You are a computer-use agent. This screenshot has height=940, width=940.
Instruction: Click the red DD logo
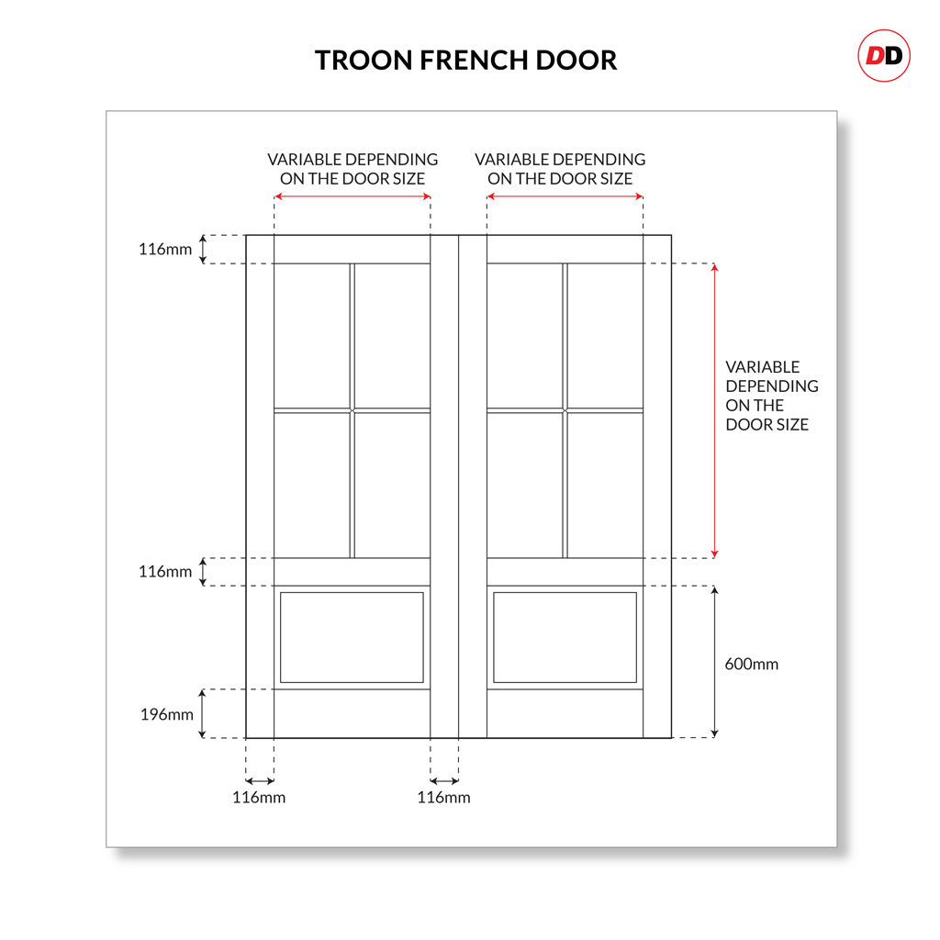click(x=884, y=56)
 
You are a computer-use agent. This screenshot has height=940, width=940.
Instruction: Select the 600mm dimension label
click(x=751, y=664)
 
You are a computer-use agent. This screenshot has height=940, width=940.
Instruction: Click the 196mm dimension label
click(x=166, y=714)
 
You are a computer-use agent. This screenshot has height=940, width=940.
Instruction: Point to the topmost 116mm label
click(x=165, y=249)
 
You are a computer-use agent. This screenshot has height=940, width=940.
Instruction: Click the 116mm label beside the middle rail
click(x=165, y=572)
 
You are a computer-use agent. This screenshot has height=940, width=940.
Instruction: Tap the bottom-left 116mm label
click(x=259, y=797)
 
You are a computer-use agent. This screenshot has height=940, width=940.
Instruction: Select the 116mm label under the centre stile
click(x=443, y=797)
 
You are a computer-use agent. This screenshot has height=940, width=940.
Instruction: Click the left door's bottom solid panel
click(x=352, y=637)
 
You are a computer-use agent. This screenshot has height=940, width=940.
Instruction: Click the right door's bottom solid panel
click(x=565, y=637)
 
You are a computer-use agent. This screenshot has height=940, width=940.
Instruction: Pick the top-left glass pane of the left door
click(x=312, y=335)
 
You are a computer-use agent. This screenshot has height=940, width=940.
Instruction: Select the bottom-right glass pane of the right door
click(x=604, y=485)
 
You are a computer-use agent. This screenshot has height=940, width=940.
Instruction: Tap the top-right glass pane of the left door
click(x=392, y=335)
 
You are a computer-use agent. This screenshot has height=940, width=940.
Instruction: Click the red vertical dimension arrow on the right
click(x=715, y=410)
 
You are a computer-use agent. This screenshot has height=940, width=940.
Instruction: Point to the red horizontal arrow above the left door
click(x=352, y=196)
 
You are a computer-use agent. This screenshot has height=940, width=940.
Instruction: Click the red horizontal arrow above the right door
click(x=565, y=196)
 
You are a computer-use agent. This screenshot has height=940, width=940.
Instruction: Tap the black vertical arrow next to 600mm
click(x=715, y=662)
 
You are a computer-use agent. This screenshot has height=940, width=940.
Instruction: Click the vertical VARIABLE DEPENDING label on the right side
click(x=771, y=396)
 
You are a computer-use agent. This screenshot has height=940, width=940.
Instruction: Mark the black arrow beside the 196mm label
click(x=203, y=713)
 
